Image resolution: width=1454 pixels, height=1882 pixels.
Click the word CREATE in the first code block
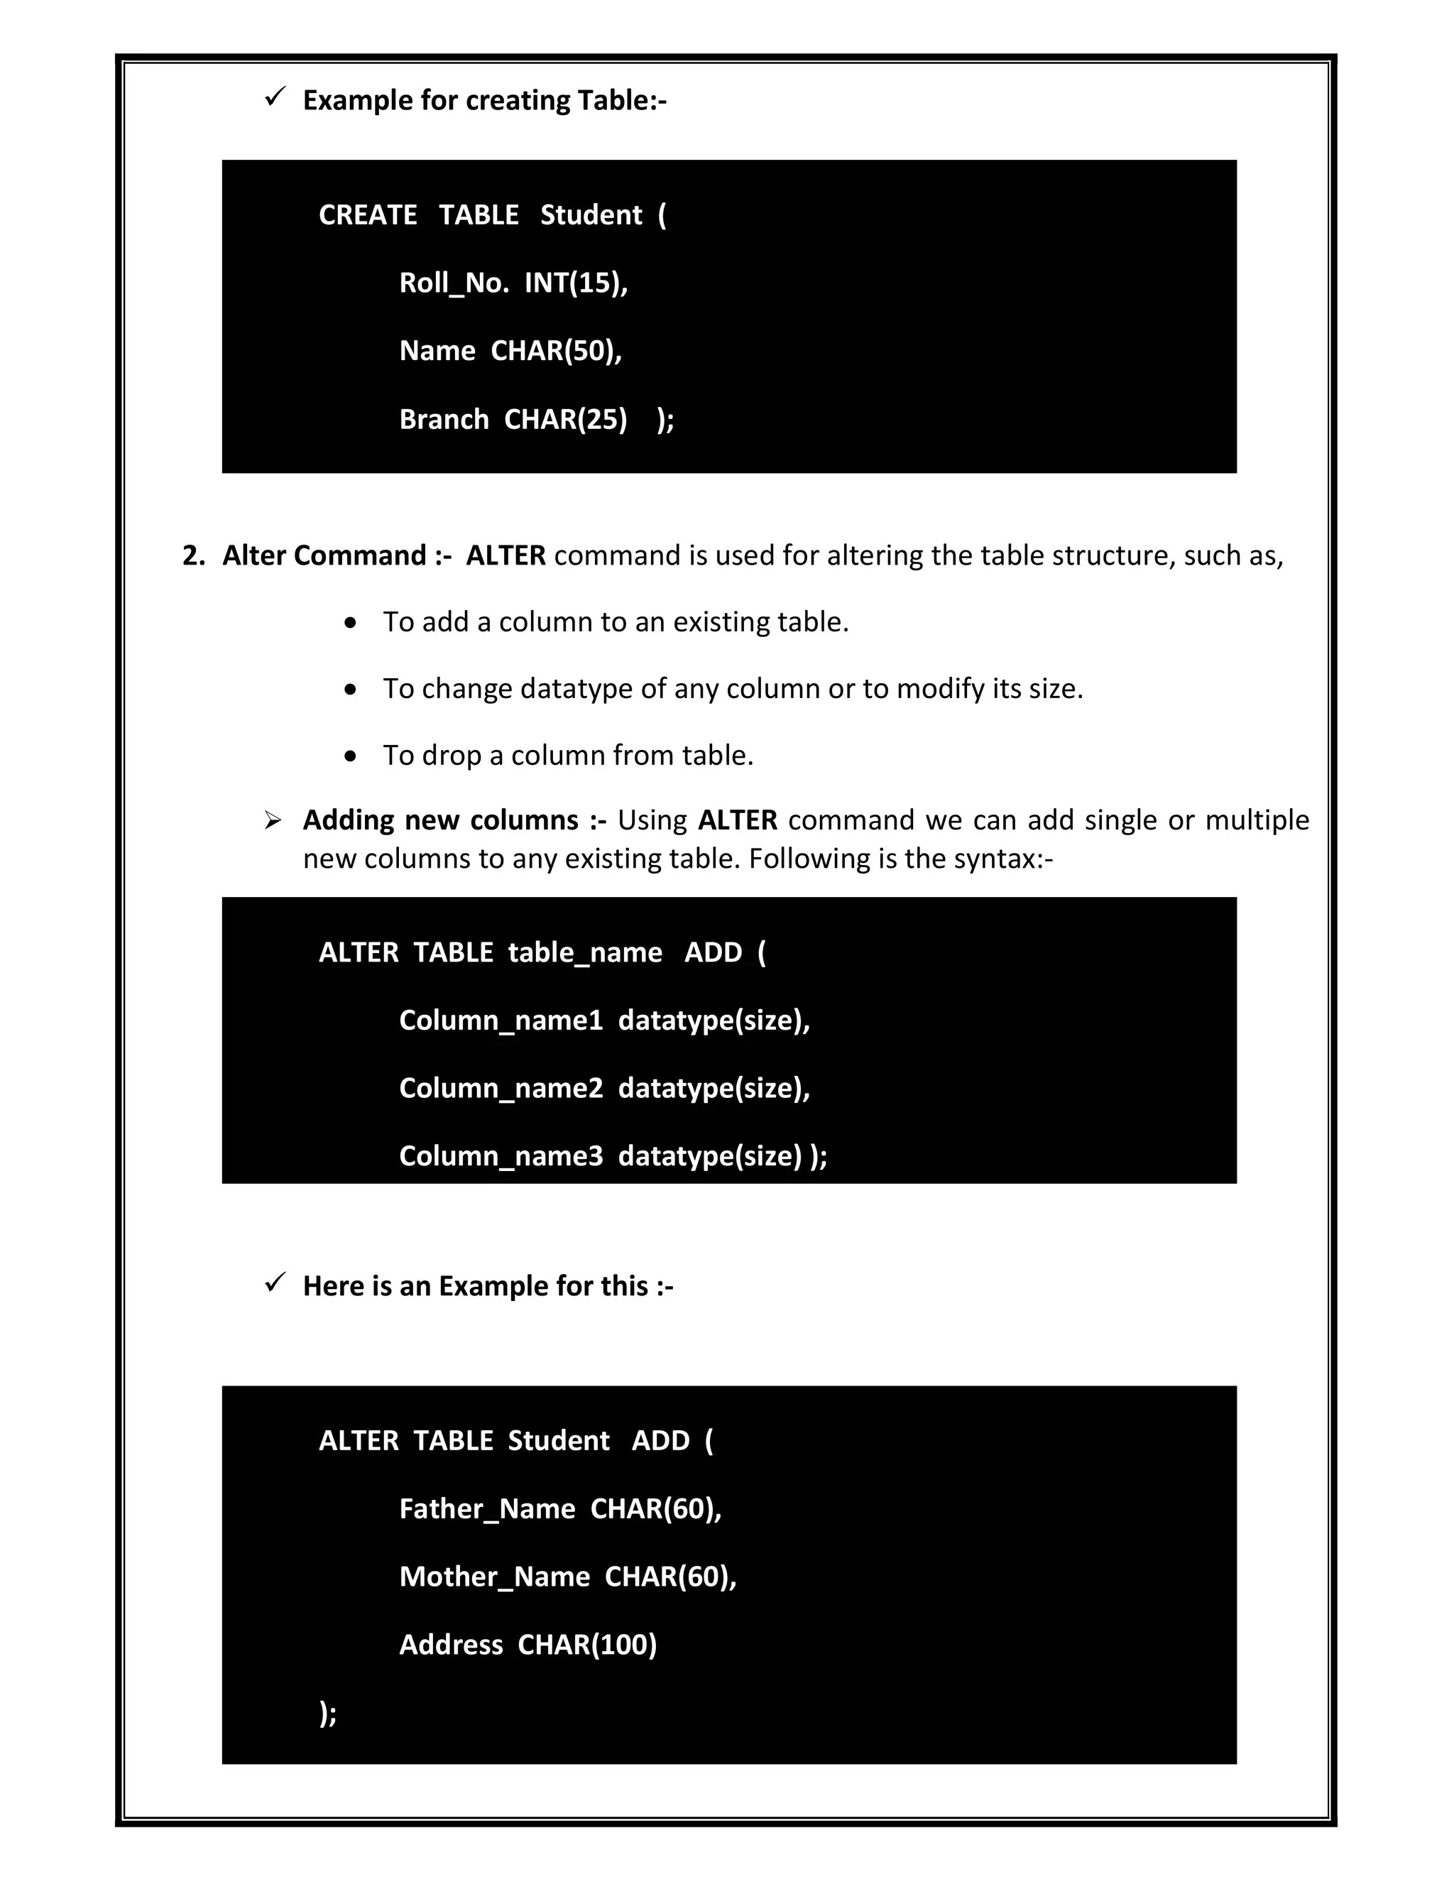[x=368, y=214]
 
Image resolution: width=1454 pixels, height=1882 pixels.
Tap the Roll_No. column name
[x=454, y=283]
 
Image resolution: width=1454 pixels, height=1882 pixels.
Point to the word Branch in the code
[x=444, y=419]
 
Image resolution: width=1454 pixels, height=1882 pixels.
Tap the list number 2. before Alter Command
[x=194, y=555]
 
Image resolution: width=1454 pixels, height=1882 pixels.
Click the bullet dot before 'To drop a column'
[x=350, y=756]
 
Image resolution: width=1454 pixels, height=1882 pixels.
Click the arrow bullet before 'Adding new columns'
[x=273, y=820]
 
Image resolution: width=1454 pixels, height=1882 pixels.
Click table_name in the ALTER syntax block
[x=585, y=952]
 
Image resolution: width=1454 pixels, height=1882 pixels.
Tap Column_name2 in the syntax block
[x=501, y=1088]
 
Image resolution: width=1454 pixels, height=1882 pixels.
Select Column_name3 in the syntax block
[x=501, y=1155]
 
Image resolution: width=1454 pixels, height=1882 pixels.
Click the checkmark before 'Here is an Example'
[x=275, y=1283]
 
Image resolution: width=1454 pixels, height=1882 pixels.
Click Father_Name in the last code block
[x=486, y=1508]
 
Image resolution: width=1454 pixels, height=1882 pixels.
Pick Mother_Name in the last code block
[x=494, y=1576]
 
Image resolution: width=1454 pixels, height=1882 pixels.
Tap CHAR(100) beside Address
[x=586, y=1644]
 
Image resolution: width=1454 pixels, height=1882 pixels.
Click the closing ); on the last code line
[x=327, y=1713]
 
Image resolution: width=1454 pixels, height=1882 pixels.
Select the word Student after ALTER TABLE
[x=558, y=1440]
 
